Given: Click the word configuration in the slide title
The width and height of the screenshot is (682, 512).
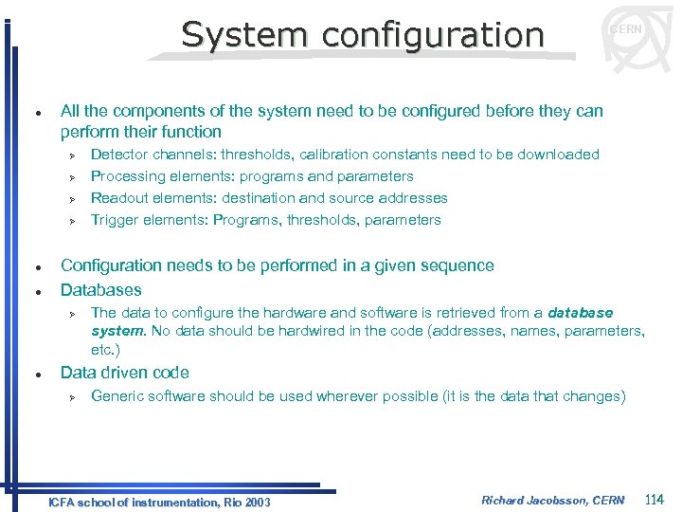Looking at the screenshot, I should [433, 34].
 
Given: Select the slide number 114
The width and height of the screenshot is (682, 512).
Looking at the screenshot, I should [655, 499].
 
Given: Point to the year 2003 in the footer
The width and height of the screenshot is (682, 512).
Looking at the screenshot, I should [257, 502].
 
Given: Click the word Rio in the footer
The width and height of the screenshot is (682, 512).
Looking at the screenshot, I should [227, 502].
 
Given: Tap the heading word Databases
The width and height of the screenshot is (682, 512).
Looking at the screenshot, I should [100, 290].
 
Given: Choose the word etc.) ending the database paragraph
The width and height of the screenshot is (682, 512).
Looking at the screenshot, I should [105, 349].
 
